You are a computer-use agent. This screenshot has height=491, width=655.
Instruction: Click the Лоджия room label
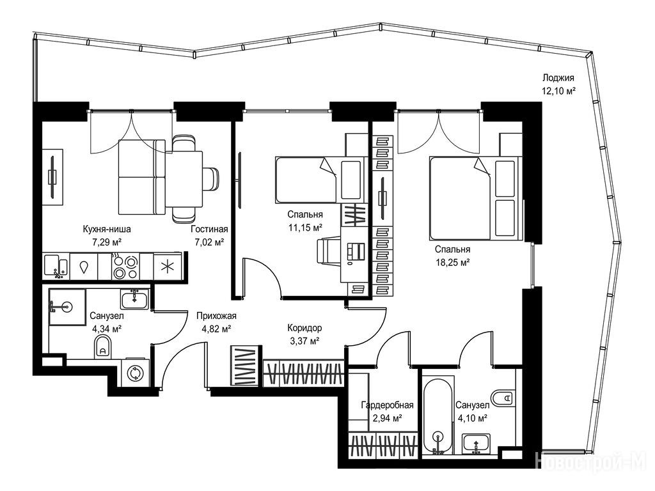(x=558, y=77)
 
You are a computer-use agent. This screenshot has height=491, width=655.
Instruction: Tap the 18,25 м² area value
(x=452, y=262)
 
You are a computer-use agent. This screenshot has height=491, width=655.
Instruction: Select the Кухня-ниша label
(x=107, y=229)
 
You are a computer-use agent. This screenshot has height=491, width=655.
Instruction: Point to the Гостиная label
(x=209, y=229)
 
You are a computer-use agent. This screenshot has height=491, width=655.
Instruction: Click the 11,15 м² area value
(x=305, y=228)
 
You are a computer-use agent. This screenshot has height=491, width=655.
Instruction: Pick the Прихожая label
(x=216, y=316)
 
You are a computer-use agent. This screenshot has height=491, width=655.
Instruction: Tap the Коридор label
(x=304, y=328)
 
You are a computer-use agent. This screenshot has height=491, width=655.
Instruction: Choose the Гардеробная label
(x=387, y=405)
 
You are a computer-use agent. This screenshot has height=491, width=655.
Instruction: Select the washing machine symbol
(x=135, y=373)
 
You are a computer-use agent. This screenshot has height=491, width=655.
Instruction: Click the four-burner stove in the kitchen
(x=125, y=267)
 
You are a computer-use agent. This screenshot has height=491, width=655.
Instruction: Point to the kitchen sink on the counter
(x=56, y=267)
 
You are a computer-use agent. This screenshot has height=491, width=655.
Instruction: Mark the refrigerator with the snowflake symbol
(x=167, y=267)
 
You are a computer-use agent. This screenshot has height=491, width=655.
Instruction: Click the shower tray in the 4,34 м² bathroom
(x=67, y=307)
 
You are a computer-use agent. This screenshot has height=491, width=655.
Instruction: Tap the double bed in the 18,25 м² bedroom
(x=475, y=198)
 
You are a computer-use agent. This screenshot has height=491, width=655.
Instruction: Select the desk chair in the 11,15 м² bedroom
(x=329, y=251)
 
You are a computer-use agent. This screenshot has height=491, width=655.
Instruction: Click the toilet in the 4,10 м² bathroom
(x=502, y=397)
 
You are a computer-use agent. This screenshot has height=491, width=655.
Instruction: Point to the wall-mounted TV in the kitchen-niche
(x=52, y=177)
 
